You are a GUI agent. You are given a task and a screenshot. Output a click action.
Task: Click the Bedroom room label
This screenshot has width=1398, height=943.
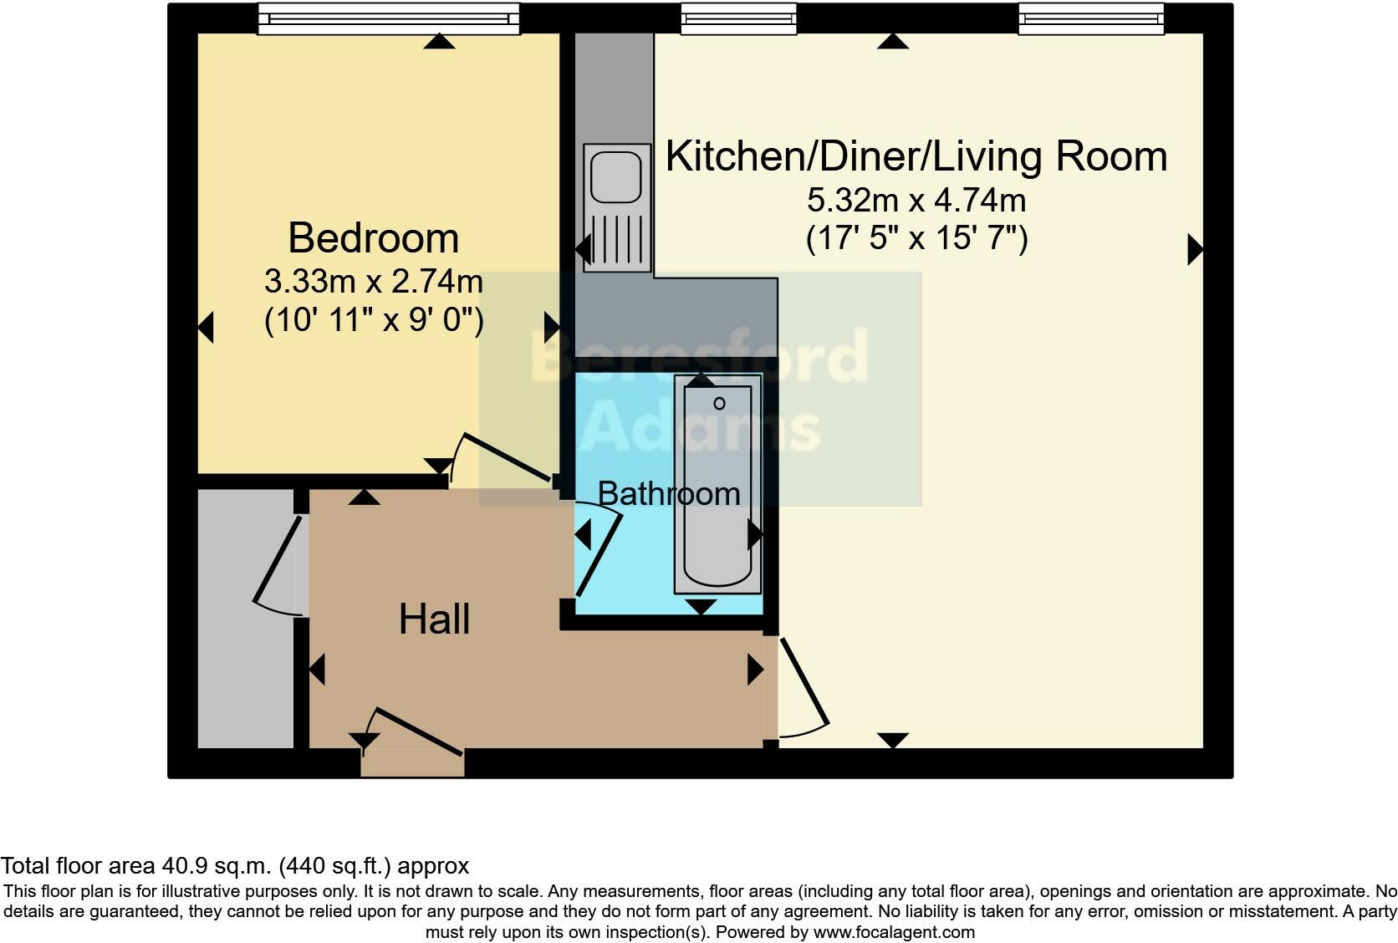(x=374, y=238)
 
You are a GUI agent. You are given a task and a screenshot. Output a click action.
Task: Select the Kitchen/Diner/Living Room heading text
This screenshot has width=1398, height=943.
(x=916, y=156)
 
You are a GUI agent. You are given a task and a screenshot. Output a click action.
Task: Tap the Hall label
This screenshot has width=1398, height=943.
(x=434, y=619)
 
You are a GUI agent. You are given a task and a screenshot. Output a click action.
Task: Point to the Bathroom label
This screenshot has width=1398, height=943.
(x=669, y=493)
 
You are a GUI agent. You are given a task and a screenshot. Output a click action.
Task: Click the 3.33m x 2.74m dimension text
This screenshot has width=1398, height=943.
(x=374, y=282)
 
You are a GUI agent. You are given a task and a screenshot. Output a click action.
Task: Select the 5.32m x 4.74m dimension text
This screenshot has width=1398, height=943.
(x=916, y=201)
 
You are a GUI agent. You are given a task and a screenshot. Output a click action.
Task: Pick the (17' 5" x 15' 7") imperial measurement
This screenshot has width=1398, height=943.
(x=916, y=239)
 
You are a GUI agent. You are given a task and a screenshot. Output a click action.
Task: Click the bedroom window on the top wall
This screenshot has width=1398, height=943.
(x=389, y=18)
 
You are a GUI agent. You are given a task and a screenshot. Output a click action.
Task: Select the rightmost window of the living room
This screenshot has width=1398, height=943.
(x=1090, y=18)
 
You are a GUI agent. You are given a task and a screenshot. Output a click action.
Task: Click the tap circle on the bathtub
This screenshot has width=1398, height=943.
(x=719, y=404)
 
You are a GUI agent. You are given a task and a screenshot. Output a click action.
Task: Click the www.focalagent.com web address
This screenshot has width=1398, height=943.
(x=894, y=932)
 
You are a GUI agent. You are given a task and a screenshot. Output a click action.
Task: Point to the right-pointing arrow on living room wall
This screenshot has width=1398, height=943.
(x=1195, y=249)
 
